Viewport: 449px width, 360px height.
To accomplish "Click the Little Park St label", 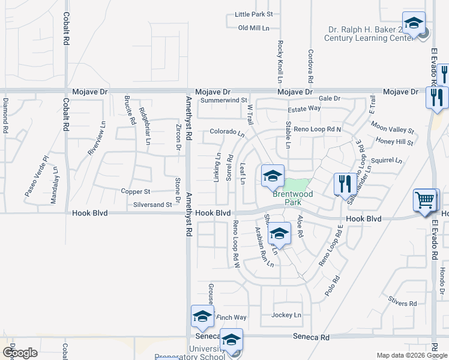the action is (x=254, y=14).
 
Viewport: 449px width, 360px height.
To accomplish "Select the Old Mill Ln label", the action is (x=253, y=28).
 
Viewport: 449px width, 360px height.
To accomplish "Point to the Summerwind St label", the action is (x=224, y=100).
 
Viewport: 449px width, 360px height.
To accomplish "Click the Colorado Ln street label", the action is (x=227, y=132).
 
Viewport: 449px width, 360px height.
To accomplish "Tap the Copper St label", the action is (x=135, y=192).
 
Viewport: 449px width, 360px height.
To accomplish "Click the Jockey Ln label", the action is (x=286, y=315).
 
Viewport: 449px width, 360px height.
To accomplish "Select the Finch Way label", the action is (x=231, y=317).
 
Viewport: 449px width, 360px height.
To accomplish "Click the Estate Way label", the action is (x=304, y=109).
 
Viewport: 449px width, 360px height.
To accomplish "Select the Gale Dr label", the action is (x=330, y=98).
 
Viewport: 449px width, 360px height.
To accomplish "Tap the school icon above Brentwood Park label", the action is (x=273, y=176).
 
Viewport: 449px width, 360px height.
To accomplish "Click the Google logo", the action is (x=20, y=353).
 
